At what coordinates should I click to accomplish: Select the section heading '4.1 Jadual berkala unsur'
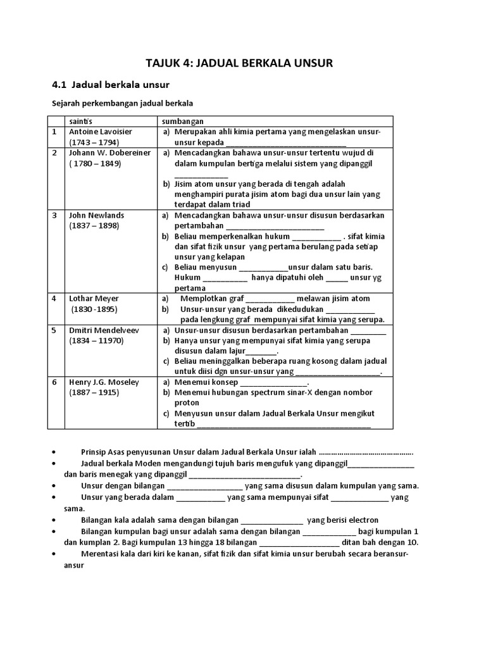(x=109, y=84)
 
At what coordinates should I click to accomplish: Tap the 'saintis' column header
(x=80, y=121)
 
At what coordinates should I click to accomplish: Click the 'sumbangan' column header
(x=182, y=121)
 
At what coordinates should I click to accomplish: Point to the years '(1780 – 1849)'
(x=95, y=163)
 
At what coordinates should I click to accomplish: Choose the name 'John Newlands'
(x=96, y=215)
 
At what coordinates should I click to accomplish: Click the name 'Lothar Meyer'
(x=94, y=298)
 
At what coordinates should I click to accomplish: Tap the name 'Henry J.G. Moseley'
(x=104, y=382)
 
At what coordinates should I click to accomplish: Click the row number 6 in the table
(x=54, y=382)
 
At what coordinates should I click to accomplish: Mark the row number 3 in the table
(x=54, y=215)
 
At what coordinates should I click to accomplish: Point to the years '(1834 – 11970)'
(x=97, y=340)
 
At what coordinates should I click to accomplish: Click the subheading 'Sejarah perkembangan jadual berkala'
(x=121, y=103)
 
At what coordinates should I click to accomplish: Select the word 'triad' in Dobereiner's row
(x=240, y=204)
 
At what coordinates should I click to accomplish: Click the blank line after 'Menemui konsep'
(x=273, y=383)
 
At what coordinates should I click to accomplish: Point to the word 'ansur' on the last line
(x=74, y=565)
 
